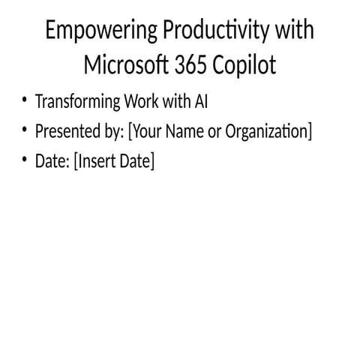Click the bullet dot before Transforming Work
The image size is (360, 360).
[25, 101]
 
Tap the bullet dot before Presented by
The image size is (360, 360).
[25, 130]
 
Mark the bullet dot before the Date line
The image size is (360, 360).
[25, 160]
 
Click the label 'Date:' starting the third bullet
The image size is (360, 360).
[52, 160]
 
